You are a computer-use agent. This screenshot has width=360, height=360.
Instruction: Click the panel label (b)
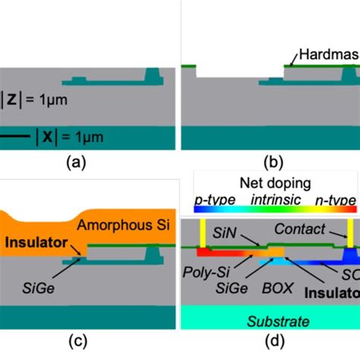click(270, 161)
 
